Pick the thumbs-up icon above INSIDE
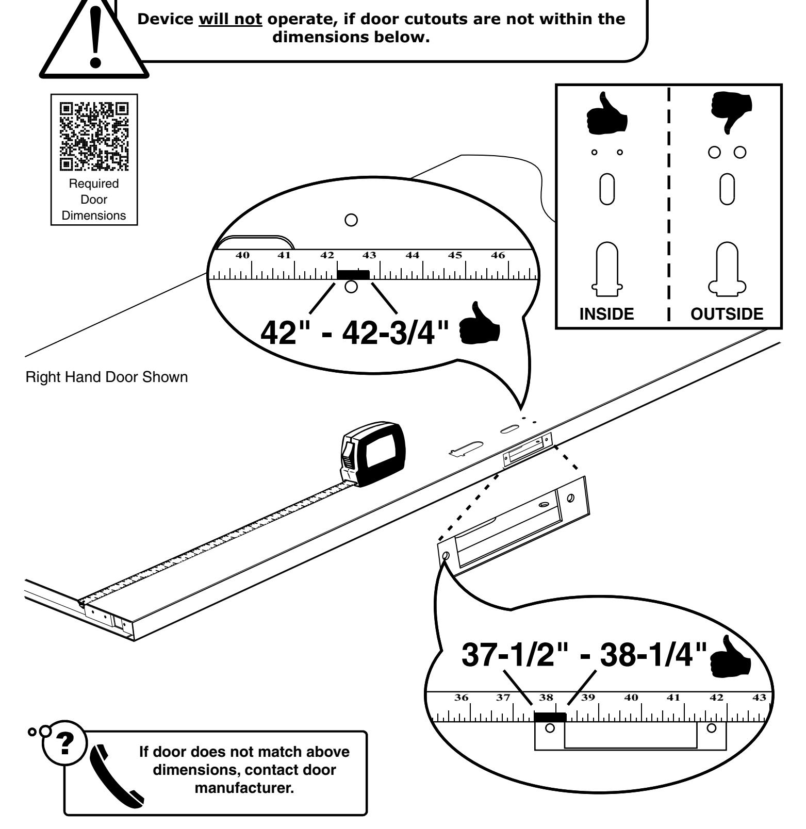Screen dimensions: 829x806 coord(607,113)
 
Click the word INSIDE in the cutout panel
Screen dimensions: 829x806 coord(606,314)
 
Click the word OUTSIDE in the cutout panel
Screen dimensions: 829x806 coord(727,314)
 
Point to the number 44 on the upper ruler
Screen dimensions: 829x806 coord(412,255)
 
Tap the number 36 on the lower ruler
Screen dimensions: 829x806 coord(461,698)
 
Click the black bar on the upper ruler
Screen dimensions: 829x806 coord(353,274)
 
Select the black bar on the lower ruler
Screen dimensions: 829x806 coord(550,717)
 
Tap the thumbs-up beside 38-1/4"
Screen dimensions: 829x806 coord(732,656)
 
